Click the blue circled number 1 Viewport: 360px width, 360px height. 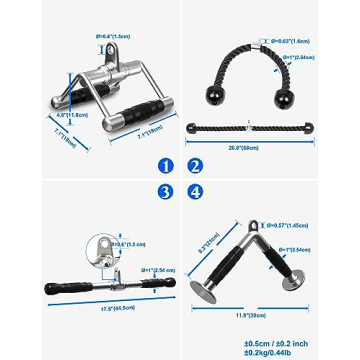tap(165, 165)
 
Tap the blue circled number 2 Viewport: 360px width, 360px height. tap(195, 165)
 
